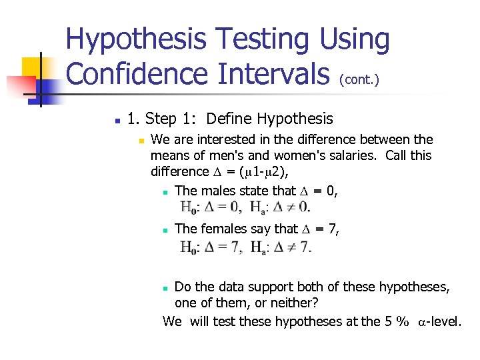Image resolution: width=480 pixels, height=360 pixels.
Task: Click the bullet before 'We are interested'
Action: click(141, 141)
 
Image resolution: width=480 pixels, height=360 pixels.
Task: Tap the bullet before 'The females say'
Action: click(165, 230)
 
